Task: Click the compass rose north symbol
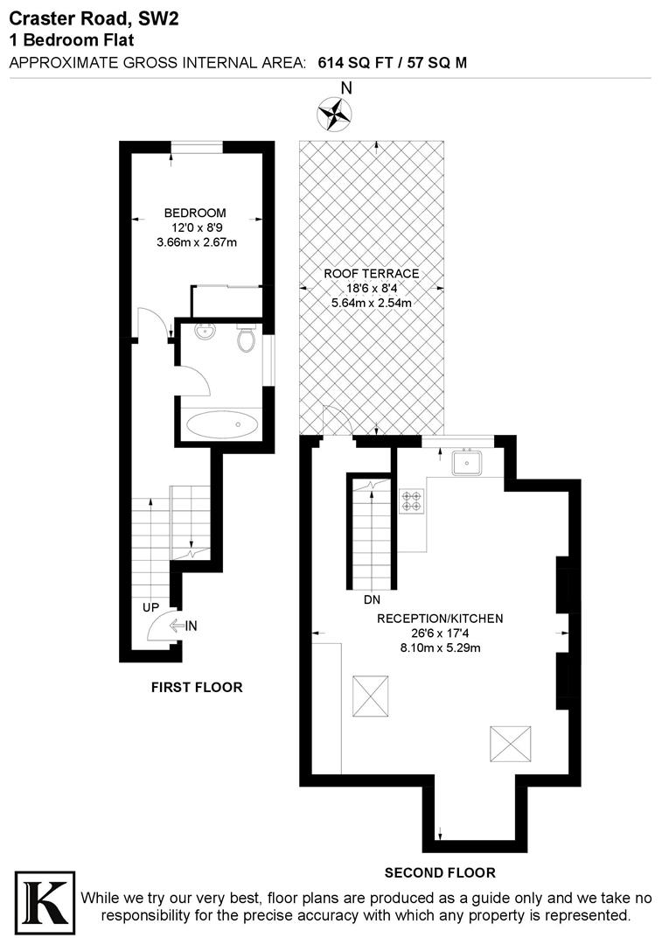pyautogui.click(x=334, y=111)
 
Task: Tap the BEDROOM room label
pyautogui.click(x=195, y=213)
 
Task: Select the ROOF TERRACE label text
pyautogui.click(x=371, y=273)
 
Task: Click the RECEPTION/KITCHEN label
pyautogui.click(x=440, y=618)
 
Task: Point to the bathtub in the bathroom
pyautogui.click(x=222, y=425)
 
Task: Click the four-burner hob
pyautogui.click(x=411, y=501)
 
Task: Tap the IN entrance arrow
pyautogui.click(x=184, y=625)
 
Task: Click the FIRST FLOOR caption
pyautogui.click(x=197, y=687)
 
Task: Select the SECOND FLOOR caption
pyautogui.click(x=441, y=872)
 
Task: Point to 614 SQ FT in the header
pyautogui.click(x=356, y=62)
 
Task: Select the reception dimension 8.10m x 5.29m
pyautogui.click(x=440, y=647)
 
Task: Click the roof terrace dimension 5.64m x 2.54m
pyautogui.click(x=371, y=303)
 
